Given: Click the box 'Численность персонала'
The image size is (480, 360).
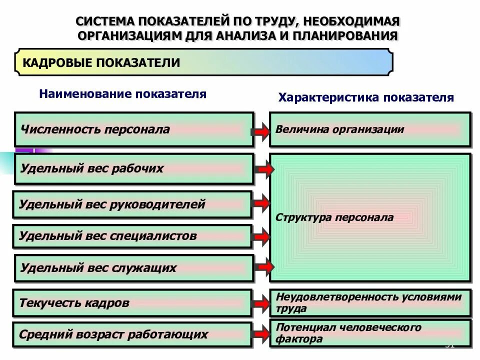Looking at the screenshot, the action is click(x=134, y=129).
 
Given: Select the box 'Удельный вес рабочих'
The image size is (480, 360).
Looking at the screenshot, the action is click(x=134, y=168).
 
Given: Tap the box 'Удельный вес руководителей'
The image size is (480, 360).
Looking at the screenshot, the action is click(x=132, y=204).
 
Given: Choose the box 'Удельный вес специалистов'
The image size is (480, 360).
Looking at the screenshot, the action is click(x=132, y=236).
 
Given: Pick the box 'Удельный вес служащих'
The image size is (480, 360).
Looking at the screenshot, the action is click(x=134, y=267).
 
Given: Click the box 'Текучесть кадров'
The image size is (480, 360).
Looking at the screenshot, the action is click(x=132, y=302).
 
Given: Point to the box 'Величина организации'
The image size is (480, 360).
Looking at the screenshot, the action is click(x=370, y=129).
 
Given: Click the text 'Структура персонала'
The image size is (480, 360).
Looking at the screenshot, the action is click(x=334, y=218).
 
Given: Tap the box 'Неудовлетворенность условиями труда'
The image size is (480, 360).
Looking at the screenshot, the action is click(x=370, y=302).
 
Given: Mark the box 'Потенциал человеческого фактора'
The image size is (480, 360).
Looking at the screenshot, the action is click(x=370, y=333).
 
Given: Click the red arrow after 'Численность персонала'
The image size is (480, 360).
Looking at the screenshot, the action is click(x=260, y=131).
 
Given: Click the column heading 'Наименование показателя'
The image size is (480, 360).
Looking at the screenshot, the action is click(x=123, y=94).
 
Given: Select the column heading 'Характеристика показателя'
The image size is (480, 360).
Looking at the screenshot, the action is click(x=366, y=97).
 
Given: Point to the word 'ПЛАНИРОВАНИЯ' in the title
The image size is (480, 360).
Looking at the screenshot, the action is click(x=345, y=35).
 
